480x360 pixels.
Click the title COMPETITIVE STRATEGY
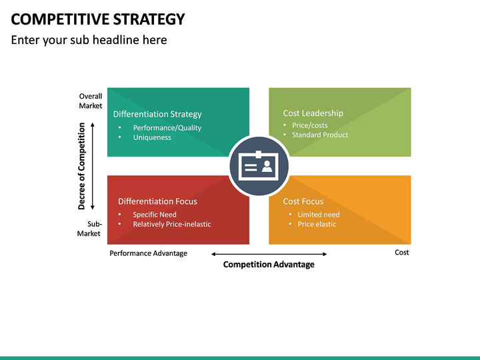point(98,19)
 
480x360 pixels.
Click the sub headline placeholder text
point(89,40)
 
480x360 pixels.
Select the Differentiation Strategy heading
point(157,114)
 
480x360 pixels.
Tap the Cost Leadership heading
point(313,113)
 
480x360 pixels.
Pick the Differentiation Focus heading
point(157,201)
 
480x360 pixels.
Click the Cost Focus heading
point(303,201)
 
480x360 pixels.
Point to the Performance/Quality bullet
point(167,128)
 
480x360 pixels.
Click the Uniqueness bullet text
point(152,137)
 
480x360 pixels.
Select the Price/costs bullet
point(309,125)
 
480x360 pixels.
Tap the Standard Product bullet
point(320,135)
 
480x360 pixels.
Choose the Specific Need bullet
point(155,215)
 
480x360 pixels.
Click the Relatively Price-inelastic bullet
point(171,224)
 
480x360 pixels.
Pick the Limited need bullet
point(319,215)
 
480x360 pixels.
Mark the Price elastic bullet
point(317,224)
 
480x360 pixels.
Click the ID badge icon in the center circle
point(259,167)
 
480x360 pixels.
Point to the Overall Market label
point(91,101)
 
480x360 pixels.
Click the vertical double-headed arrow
point(93,166)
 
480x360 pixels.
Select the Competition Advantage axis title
point(269,265)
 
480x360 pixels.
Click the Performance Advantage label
point(148,253)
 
